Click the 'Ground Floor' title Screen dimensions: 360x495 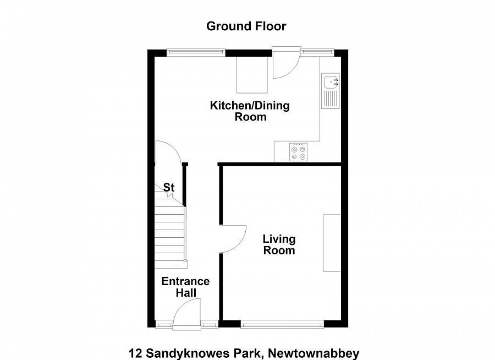(x=246, y=26)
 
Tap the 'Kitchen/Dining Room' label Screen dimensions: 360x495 (x=250, y=111)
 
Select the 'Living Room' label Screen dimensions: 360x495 (x=279, y=244)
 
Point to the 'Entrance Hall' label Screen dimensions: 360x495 (x=185, y=287)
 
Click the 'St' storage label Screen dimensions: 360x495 (x=169, y=188)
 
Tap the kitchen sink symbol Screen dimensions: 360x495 (x=331, y=82)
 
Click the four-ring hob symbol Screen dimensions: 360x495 (x=299, y=152)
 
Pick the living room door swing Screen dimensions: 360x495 (x=233, y=238)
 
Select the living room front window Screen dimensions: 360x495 (x=282, y=324)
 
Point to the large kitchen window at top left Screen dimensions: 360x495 (x=196, y=52)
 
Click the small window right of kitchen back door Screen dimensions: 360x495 (x=317, y=52)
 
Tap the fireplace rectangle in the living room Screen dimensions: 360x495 (x=331, y=243)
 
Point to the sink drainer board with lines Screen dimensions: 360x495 (x=331, y=99)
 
